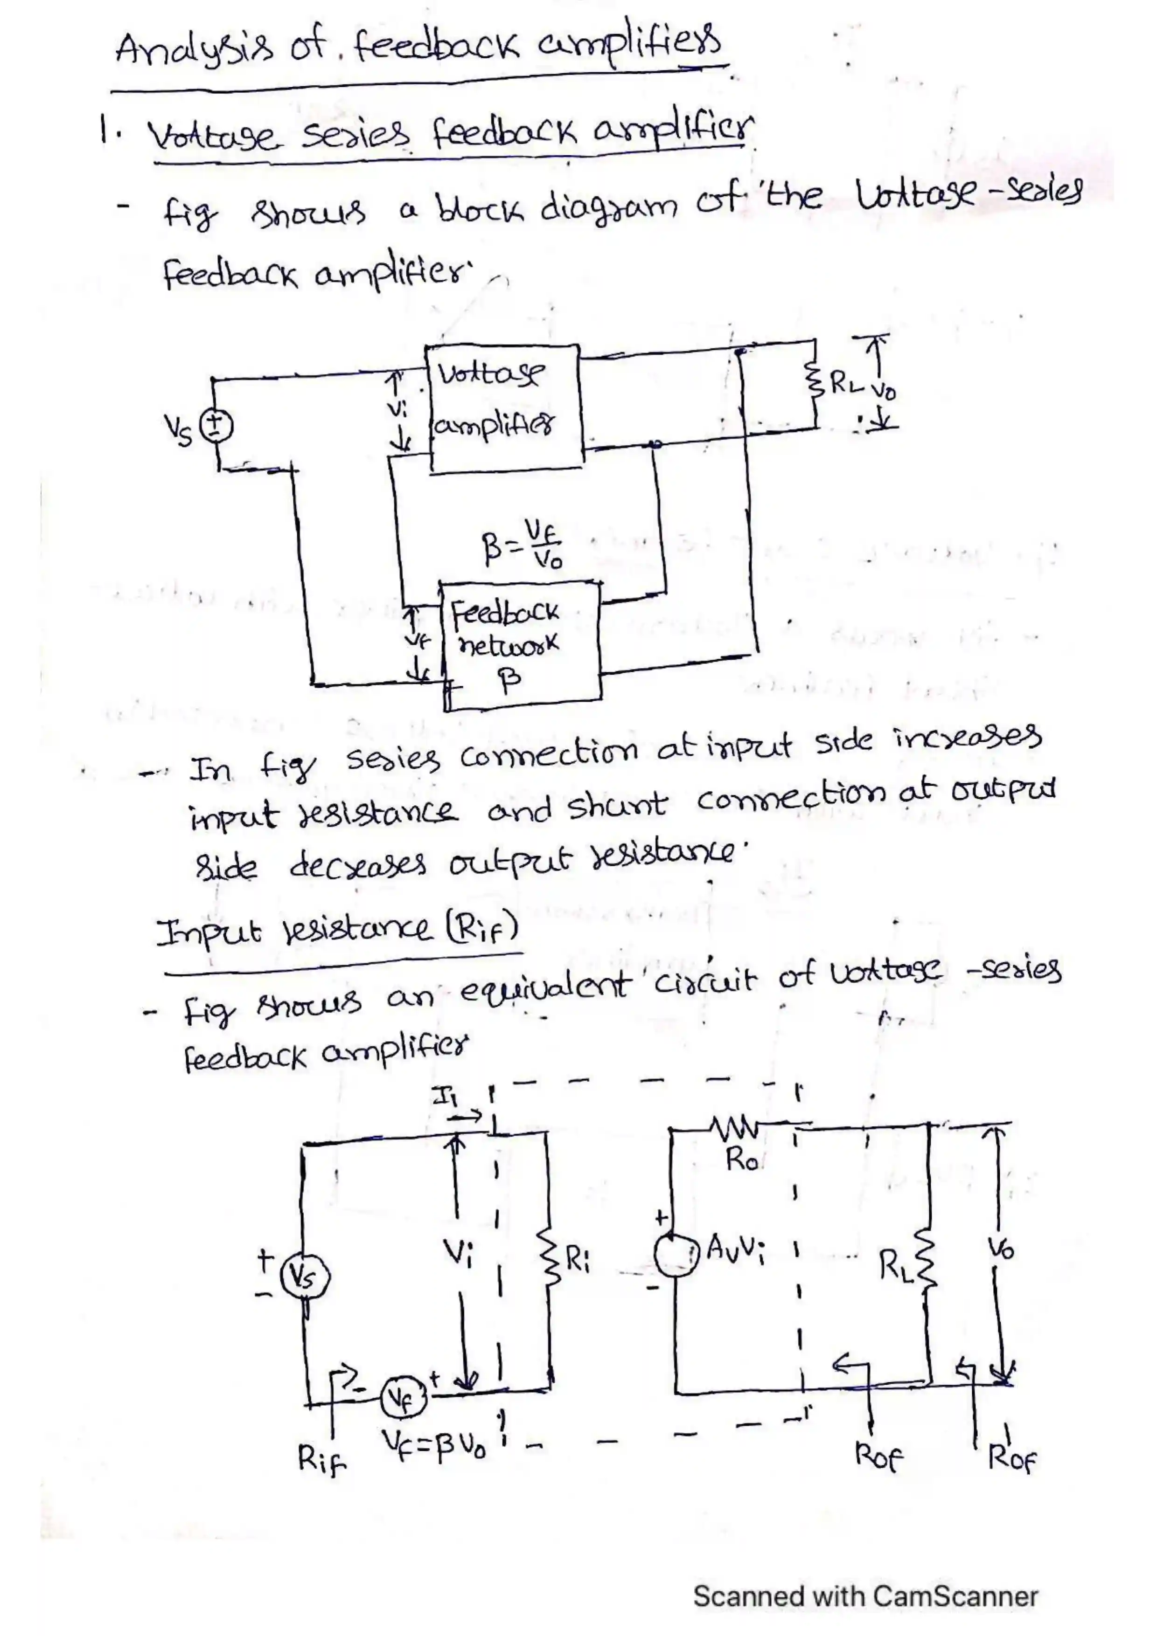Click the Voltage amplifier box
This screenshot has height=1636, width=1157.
[x=505, y=407]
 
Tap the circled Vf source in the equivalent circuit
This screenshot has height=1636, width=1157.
[x=404, y=1398]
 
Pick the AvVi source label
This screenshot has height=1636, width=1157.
[x=736, y=1250]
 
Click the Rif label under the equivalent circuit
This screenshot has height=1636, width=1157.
[x=321, y=1461]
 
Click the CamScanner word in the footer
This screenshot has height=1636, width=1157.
[x=955, y=1595]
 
